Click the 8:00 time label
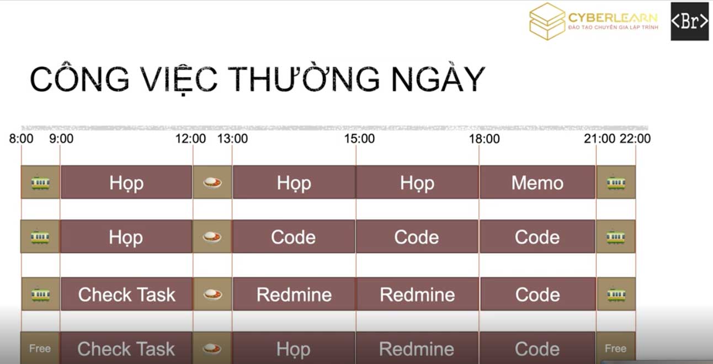point(21,139)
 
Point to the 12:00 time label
point(190,139)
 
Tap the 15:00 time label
point(359,139)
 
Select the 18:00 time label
point(484,139)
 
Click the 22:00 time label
point(635,139)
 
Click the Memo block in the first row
point(538,183)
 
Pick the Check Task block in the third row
point(126,294)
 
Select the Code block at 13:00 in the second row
point(294,237)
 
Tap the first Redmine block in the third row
point(294,294)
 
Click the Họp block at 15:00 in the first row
point(417,183)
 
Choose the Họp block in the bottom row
point(294,348)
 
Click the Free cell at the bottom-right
point(616,348)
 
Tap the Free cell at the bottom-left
point(40,348)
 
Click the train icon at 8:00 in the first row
point(40,183)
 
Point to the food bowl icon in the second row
point(212,237)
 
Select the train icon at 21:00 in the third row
point(616,295)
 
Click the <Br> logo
point(690,22)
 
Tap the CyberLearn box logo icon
point(547,22)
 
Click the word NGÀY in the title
point(438,79)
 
